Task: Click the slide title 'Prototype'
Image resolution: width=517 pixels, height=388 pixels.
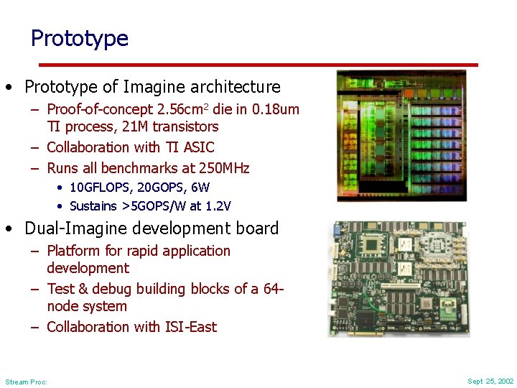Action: pos(79,38)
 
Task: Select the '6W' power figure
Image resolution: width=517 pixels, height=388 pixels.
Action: pos(200,188)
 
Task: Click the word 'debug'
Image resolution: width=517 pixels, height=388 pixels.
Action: pos(131,289)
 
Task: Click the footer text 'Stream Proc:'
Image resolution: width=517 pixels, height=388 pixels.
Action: pos(26,382)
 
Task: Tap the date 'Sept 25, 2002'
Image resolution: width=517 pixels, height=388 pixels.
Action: pos(490,381)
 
